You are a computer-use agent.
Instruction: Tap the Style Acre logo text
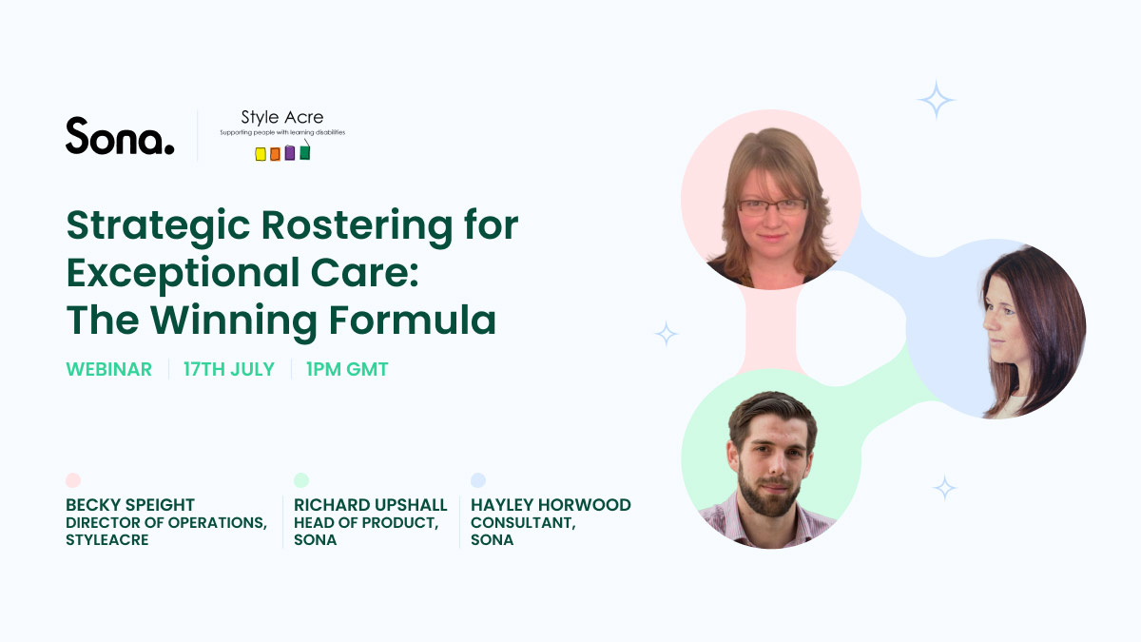tap(281, 118)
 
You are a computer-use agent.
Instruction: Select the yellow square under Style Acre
tap(261, 154)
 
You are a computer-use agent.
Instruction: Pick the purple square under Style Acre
tap(290, 153)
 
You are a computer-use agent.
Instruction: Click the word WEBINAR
tap(108, 370)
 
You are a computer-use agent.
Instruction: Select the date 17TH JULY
tap(229, 370)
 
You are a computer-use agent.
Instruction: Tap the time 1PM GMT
tap(347, 370)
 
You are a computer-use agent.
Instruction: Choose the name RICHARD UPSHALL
tap(370, 505)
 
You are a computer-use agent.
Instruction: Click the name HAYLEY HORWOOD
tap(551, 505)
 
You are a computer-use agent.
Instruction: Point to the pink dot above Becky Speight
tap(73, 480)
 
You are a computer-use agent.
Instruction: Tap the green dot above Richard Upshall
tap(301, 480)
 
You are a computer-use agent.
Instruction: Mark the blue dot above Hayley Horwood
tap(478, 480)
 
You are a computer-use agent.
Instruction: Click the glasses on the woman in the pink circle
tap(772, 205)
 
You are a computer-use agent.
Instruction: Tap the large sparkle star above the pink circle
tap(936, 100)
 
